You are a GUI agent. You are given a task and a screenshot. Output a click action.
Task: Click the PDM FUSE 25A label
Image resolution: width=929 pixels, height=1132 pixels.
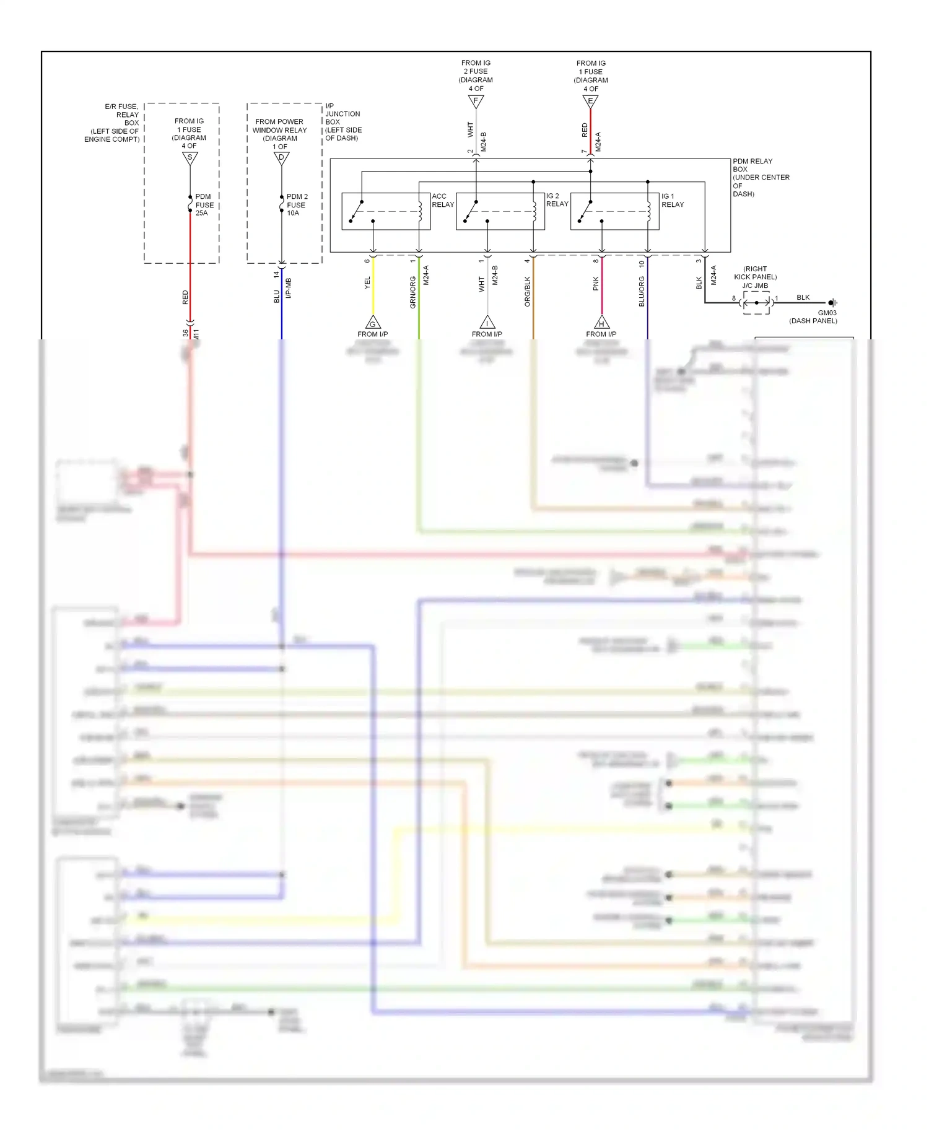204,205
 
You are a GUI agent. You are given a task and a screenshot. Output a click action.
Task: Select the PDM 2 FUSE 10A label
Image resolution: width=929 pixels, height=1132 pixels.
297,205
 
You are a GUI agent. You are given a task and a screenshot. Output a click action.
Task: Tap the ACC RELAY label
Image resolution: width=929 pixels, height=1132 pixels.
442,200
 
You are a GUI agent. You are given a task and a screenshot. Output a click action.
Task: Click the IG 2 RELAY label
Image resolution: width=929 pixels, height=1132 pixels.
557,200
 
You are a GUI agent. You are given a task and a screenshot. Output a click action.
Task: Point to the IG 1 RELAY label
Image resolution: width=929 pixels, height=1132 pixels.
672,200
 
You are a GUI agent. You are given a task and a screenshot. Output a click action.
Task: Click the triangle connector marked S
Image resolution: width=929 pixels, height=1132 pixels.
190,159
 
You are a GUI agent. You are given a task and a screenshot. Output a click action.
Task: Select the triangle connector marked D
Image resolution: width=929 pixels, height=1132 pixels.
282,159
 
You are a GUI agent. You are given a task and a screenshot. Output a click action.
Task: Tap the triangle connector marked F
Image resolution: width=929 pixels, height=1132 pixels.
476,101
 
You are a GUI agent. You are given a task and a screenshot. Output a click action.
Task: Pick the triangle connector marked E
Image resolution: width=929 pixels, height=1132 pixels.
590,101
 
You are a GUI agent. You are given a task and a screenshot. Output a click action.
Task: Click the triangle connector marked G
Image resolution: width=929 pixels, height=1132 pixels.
373,323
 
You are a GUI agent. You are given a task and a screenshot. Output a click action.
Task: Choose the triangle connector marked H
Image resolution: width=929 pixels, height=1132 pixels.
601,323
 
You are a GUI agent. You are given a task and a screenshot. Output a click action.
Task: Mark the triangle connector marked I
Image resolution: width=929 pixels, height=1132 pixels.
487,323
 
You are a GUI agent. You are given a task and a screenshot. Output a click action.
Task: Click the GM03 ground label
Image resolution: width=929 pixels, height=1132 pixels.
827,313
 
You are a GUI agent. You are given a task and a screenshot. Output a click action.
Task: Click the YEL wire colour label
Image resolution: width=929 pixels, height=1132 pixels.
367,283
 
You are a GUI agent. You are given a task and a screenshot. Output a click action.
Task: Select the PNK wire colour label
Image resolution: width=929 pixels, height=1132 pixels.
596,284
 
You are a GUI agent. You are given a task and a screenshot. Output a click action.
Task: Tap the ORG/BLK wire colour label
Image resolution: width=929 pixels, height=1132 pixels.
528,291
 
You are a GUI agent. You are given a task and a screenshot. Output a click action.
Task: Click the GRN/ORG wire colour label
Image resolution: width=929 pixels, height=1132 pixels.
413,292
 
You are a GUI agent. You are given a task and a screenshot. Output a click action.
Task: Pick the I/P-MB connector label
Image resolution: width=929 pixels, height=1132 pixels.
289,289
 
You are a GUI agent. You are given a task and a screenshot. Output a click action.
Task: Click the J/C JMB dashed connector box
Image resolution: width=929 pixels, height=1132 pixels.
756,303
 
